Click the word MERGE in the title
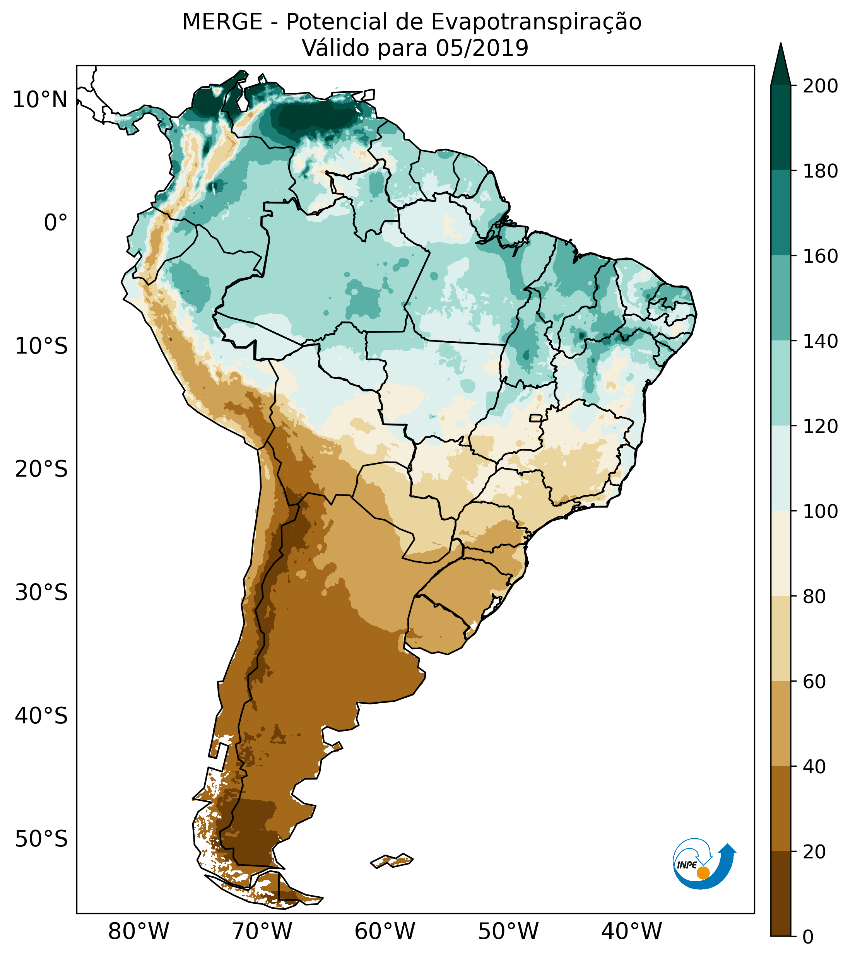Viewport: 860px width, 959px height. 222,22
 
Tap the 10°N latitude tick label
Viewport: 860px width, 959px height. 40,100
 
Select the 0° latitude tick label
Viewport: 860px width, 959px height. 56,223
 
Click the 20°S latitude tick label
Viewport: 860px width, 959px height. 41,470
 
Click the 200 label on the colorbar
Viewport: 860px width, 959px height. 820,86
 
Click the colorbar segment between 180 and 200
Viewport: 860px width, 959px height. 780,128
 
